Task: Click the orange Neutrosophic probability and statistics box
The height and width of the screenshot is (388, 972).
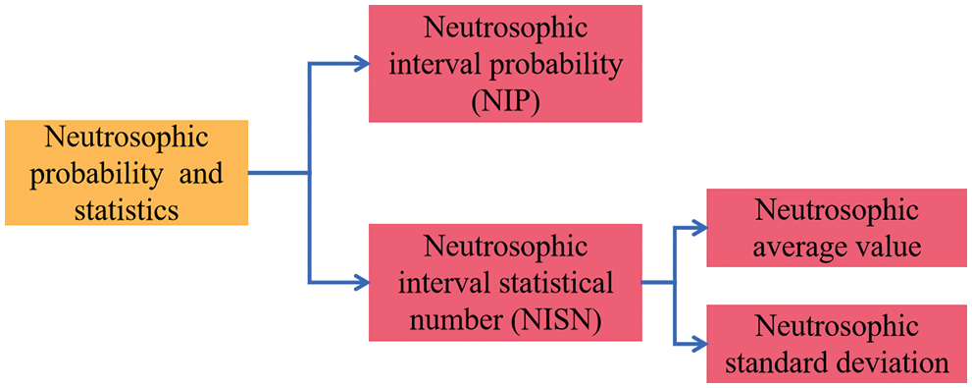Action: pyautogui.click(x=126, y=173)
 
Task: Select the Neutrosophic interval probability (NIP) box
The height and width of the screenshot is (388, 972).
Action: pyautogui.click(x=505, y=65)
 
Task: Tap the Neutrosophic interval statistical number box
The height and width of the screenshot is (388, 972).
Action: pyautogui.click(x=505, y=283)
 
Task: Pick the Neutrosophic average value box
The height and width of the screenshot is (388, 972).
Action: pyautogui.click(x=838, y=228)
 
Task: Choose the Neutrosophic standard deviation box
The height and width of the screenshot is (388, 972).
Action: pyautogui.click(x=838, y=344)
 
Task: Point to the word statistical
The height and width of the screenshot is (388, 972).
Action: pyautogui.click(x=560, y=283)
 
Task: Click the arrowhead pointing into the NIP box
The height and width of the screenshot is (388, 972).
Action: pyautogui.click(x=359, y=65)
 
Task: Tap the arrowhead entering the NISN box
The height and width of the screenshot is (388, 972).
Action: pyautogui.click(x=359, y=283)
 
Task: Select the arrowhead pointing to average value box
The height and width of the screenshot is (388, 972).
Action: pyautogui.click(x=697, y=228)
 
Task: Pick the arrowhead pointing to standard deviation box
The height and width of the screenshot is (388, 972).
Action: pyautogui.click(x=697, y=344)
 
